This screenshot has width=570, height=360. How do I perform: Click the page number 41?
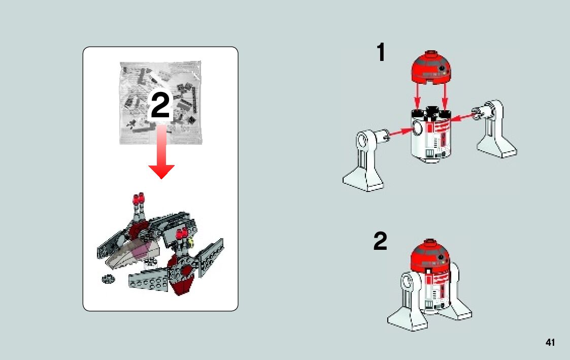point(550,342)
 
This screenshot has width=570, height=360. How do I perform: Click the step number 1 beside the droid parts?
point(381,52)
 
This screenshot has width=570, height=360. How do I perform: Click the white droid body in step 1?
point(431,135)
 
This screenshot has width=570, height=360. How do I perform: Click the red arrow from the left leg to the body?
point(401,132)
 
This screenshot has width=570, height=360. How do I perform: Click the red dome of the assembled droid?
point(430,255)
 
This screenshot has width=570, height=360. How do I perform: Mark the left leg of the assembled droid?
point(407,302)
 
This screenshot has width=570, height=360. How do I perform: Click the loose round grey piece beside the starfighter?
point(108,279)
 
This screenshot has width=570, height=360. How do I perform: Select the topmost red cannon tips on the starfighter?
point(139,199)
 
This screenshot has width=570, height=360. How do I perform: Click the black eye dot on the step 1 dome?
point(442,68)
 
